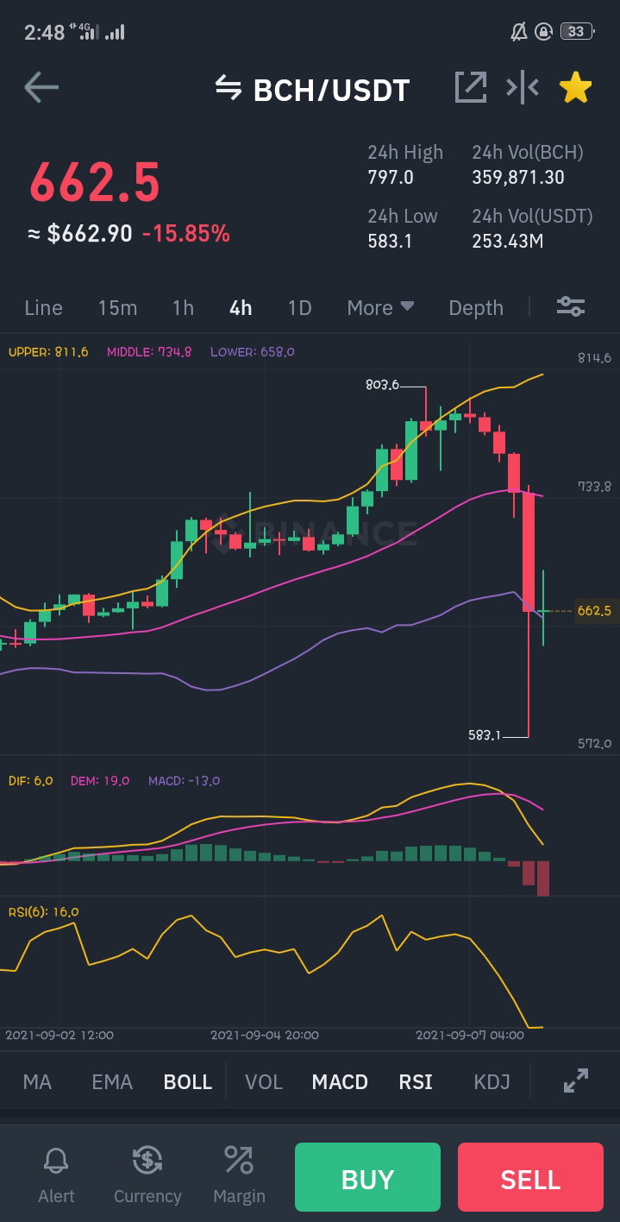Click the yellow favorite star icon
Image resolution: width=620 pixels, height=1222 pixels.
(x=575, y=87)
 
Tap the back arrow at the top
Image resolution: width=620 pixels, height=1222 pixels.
(x=41, y=87)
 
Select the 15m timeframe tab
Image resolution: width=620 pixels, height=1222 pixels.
(x=117, y=308)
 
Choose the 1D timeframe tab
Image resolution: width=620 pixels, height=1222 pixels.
(x=299, y=308)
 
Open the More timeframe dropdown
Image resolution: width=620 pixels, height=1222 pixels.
(x=380, y=308)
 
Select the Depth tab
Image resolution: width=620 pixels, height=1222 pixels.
(x=475, y=308)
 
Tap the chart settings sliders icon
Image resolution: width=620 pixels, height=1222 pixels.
(x=570, y=306)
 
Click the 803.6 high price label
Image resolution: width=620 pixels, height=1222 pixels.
(x=382, y=385)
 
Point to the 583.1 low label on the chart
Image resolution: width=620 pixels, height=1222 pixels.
(x=485, y=734)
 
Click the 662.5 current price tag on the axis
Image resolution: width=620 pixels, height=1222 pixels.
(x=594, y=610)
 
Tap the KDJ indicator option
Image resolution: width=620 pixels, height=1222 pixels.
(x=492, y=1081)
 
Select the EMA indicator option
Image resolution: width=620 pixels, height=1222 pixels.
(x=112, y=1081)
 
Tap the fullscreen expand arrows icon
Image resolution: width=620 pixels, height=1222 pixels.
(x=576, y=1080)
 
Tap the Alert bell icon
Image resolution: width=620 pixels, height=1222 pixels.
(x=56, y=1160)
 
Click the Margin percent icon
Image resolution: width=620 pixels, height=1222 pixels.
(x=239, y=1159)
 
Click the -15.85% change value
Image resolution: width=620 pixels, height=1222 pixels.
(x=186, y=234)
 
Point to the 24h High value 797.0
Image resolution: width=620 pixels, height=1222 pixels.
(x=391, y=177)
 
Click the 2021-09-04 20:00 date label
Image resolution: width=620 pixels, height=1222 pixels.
(x=265, y=1035)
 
